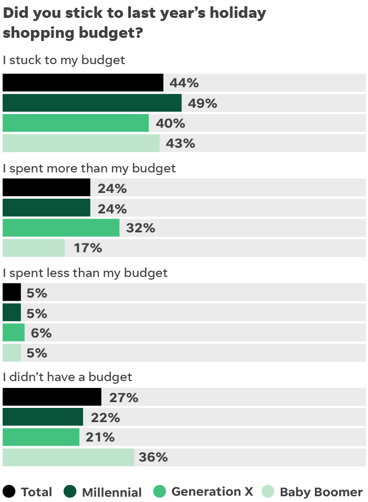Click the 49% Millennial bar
click(x=92, y=103)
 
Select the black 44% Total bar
click(x=83, y=83)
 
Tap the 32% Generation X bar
click(x=61, y=228)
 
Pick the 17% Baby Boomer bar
click(x=34, y=248)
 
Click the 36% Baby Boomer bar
click(x=68, y=457)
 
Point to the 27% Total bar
click(x=52, y=397)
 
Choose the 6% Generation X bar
click(x=14, y=333)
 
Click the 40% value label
click(x=170, y=124)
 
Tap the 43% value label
click(x=180, y=143)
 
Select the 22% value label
click(x=106, y=418)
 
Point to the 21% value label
click(x=100, y=437)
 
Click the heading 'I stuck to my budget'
click(x=64, y=60)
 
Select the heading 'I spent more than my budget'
click(x=89, y=169)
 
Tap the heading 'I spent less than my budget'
click(x=85, y=273)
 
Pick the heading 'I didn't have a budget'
click(x=67, y=377)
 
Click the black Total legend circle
click(x=9, y=491)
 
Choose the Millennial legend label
click(x=111, y=492)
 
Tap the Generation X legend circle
click(x=160, y=491)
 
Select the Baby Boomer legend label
click(x=321, y=492)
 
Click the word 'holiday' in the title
click(x=237, y=13)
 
